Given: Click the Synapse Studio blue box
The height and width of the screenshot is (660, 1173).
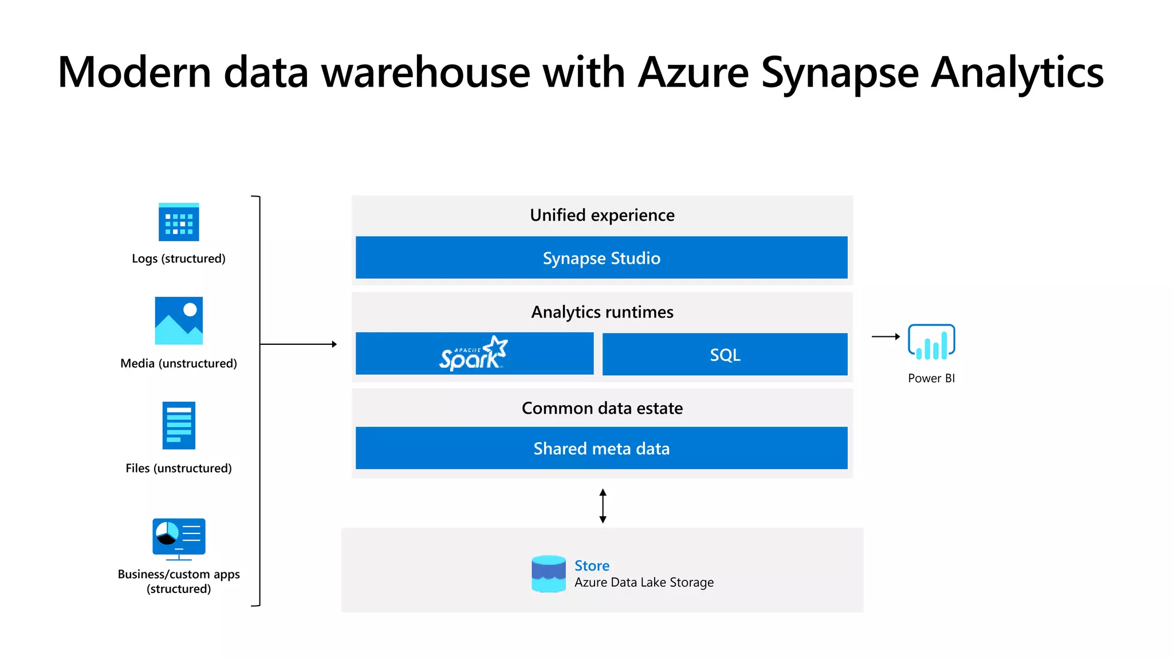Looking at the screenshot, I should [601, 258].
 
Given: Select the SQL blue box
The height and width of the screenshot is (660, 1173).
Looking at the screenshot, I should [725, 355].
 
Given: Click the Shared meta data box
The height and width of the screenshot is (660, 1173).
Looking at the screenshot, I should [601, 448].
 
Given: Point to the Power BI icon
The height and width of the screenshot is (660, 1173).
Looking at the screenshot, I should [931, 342].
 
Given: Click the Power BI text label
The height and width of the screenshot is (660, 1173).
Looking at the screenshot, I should [931, 378].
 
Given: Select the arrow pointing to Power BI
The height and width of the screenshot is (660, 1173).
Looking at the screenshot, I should [885, 337].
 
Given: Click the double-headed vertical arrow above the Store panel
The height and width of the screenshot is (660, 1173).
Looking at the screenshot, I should [603, 505].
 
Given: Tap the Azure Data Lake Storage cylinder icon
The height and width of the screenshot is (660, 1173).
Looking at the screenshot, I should [548, 573].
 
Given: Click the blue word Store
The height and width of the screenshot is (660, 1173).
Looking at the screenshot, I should [592, 565].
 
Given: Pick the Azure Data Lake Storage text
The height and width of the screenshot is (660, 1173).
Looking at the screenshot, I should [644, 583].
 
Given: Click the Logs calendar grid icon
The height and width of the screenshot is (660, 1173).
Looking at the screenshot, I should [179, 222].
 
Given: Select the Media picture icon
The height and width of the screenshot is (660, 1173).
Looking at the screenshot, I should [179, 320].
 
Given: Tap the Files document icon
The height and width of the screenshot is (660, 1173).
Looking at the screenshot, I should [179, 425].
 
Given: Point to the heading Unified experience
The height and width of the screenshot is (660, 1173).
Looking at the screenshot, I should [602, 215].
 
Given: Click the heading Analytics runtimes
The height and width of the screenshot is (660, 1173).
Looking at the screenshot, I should [602, 312].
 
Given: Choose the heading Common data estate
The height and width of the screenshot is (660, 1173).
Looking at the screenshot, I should [602, 408].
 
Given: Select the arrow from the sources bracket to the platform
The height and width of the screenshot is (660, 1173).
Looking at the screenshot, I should [298, 344].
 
